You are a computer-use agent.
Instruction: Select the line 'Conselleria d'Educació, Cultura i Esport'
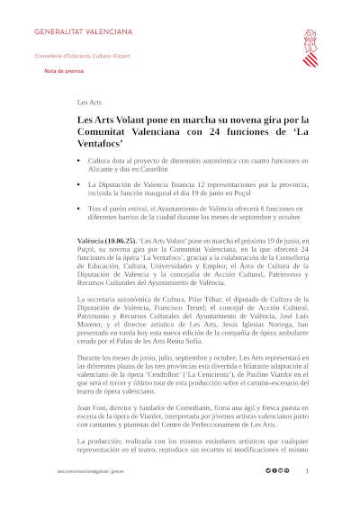tap(82, 55)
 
